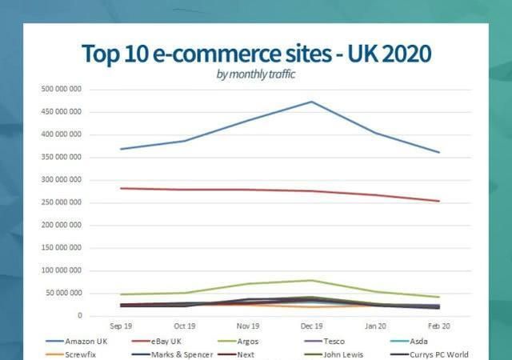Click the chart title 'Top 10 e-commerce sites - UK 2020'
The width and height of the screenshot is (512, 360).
pos(256,54)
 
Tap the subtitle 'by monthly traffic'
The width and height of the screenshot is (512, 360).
pos(256,74)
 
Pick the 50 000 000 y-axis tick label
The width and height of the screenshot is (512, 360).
pos(62,294)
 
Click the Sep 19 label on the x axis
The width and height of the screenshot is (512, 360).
pos(122,326)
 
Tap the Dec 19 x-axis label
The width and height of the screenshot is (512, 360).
pos(310,326)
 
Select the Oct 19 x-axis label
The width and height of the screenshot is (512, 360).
pos(185,326)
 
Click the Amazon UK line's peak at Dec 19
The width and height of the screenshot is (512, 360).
pos(310,102)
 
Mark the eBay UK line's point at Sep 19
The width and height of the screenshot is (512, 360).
pos(122,188)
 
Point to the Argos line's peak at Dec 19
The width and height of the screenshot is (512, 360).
pos(310,280)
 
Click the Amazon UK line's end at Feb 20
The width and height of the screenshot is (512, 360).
pos(438,152)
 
